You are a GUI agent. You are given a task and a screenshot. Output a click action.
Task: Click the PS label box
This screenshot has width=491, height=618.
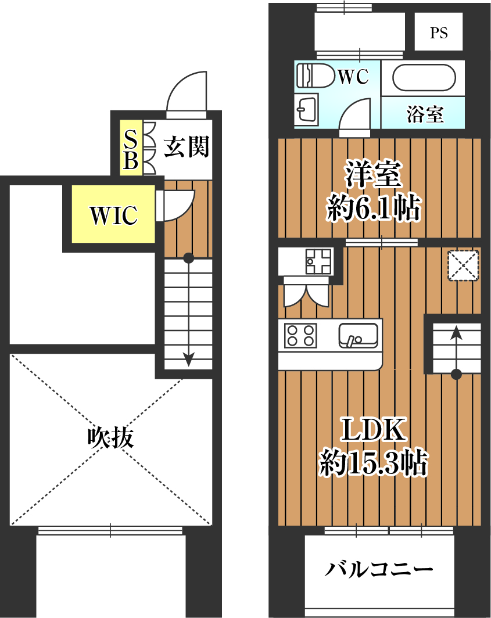(x=438, y=31)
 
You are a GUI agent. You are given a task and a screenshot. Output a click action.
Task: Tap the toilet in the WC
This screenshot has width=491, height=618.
(x=316, y=76)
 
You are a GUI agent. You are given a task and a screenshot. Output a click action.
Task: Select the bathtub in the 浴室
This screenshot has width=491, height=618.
(x=424, y=78)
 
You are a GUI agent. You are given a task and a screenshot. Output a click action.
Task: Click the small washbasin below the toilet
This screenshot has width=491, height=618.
(x=307, y=109)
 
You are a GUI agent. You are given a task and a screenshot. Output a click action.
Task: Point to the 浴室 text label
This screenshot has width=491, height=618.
(x=425, y=114)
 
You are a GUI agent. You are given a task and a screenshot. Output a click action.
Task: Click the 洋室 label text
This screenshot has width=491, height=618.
(x=374, y=174)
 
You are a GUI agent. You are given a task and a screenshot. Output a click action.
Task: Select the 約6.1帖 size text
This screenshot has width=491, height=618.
(x=374, y=207)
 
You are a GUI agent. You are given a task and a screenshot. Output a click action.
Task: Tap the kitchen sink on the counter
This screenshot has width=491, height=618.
(x=358, y=336)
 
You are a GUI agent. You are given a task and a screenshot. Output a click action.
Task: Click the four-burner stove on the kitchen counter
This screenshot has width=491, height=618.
(x=300, y=335)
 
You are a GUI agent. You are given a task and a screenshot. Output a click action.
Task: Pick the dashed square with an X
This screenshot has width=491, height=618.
(x=463, y=265)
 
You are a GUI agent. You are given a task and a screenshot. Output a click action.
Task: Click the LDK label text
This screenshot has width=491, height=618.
(x=374, y=429)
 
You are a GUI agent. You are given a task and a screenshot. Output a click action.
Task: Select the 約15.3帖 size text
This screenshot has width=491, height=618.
(x=374, y=462)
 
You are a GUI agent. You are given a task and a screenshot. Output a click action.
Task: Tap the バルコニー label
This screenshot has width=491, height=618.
(x=379, y=569)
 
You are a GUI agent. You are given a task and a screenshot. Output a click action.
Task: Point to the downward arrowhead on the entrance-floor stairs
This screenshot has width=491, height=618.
(x=188, y=359)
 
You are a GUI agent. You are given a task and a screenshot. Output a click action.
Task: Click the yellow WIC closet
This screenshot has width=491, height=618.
(x=113, y=214)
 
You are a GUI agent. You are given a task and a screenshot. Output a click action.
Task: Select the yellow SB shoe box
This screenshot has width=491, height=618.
(x=131, y=148)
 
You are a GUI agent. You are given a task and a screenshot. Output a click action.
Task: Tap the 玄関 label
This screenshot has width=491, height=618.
(x=186, y=146)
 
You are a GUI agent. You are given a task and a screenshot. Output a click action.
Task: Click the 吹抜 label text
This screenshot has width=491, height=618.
(x=111, y=437)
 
